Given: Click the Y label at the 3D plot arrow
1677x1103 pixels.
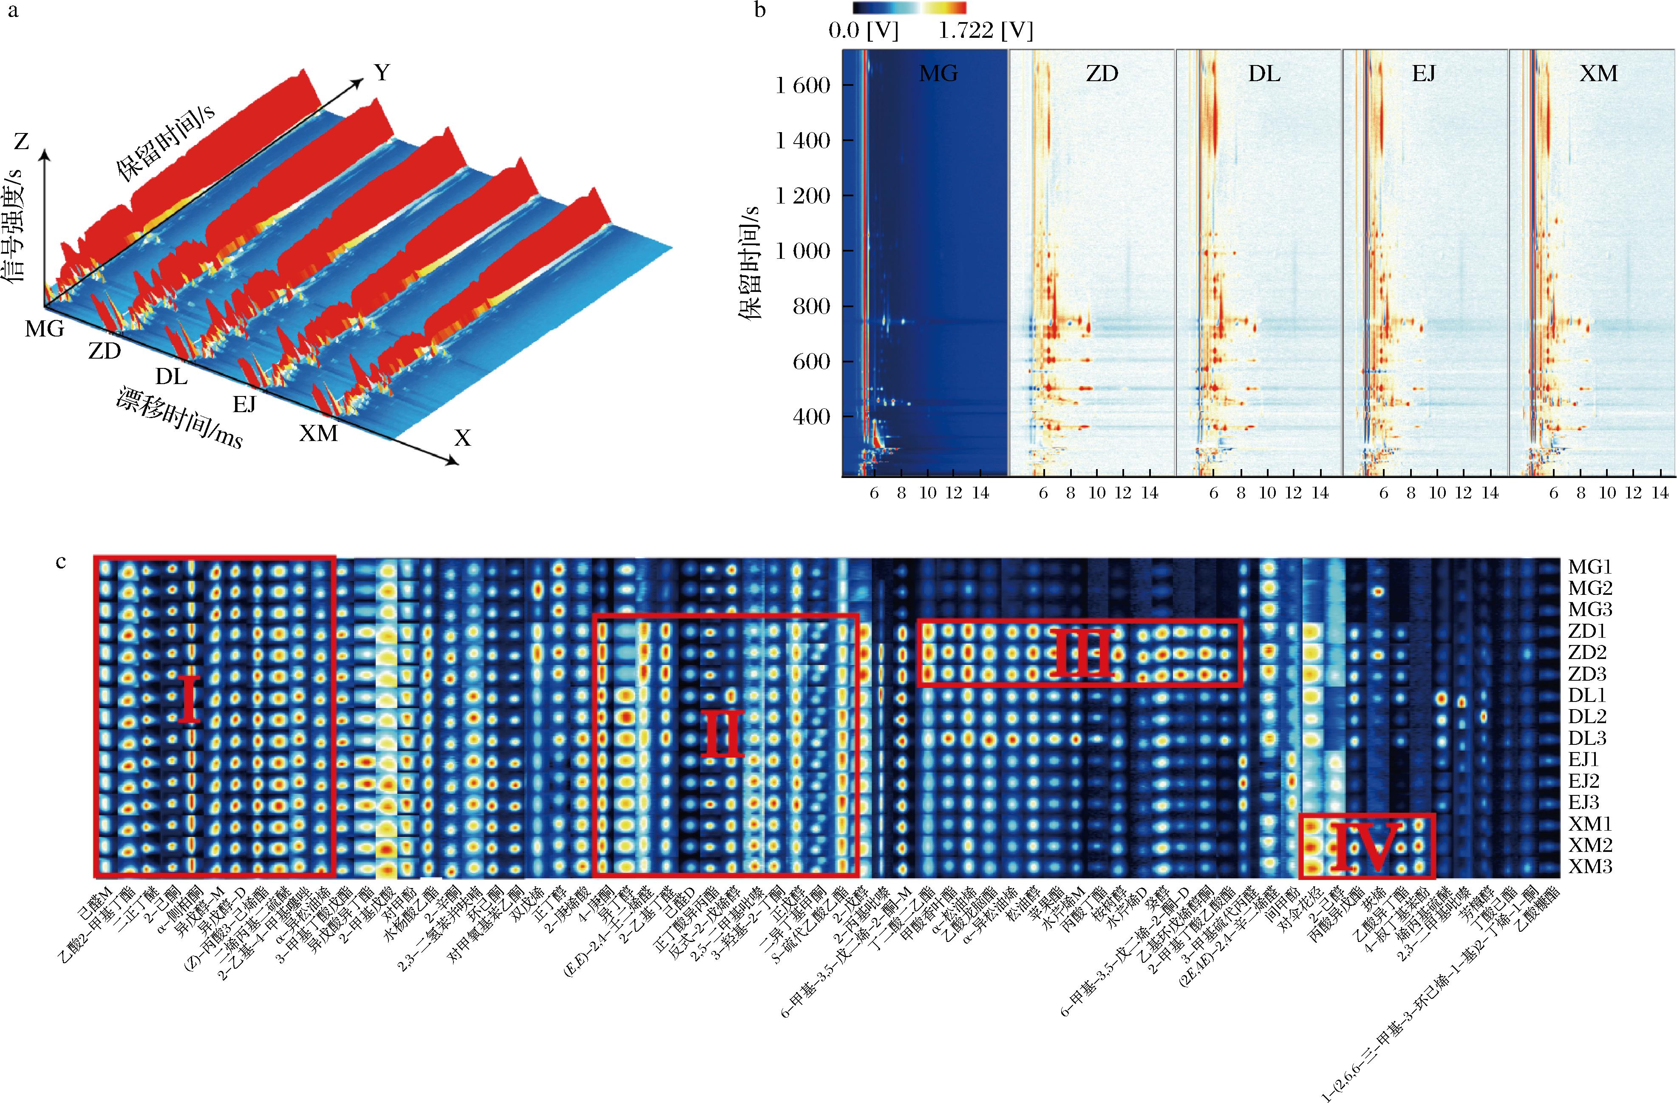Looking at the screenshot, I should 382,73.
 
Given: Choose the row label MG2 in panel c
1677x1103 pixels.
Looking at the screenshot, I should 1589,588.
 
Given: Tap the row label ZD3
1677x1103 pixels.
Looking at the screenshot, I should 1587,674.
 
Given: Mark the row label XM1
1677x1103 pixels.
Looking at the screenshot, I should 1589,824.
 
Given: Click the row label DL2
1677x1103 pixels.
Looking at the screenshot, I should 1587,717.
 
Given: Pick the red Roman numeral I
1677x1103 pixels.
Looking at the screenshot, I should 189,699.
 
